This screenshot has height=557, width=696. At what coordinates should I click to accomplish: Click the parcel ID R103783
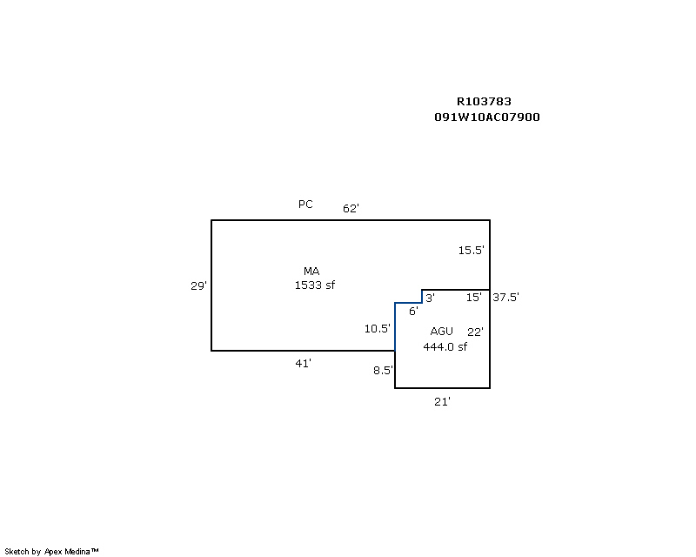[x=490, y=102]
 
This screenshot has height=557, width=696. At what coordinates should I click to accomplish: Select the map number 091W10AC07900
[x=487, y=117]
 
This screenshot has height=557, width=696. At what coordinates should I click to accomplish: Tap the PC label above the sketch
[x=305, y=205]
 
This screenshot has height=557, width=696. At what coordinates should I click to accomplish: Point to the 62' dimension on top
[x=351, y=209]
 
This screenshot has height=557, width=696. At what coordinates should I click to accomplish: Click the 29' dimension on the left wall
[x=198, y=285]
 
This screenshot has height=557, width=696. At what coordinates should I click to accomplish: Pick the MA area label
[x=311, y=272]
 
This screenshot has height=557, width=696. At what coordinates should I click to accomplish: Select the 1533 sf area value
[x=315, y=285]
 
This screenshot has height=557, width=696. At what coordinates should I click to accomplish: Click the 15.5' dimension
[x=472, y=251]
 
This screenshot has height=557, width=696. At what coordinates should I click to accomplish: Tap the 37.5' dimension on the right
[x=506, y=297]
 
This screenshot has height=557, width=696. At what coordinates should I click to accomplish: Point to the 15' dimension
[x=473, y=298]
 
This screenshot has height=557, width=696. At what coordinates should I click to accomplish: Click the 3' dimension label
[x=430, y=298]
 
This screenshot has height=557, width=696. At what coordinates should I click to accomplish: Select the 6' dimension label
[x=413, y=312]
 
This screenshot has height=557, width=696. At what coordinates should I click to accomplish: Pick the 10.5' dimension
[x=377, y=329]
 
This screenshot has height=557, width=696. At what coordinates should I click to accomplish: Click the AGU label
[x=442, y=332]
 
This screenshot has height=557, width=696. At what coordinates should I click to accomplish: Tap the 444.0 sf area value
[x=445, y=347]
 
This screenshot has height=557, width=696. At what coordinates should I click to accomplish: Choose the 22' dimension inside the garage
[x=474, y=332]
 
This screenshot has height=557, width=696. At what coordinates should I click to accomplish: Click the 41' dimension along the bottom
[x=303, y=364]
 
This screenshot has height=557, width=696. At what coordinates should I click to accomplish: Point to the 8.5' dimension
[x=383, y=370]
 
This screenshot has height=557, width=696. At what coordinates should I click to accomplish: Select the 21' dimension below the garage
[x=442, y=401]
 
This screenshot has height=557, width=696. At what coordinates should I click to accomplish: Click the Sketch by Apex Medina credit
[x=51, y=552]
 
